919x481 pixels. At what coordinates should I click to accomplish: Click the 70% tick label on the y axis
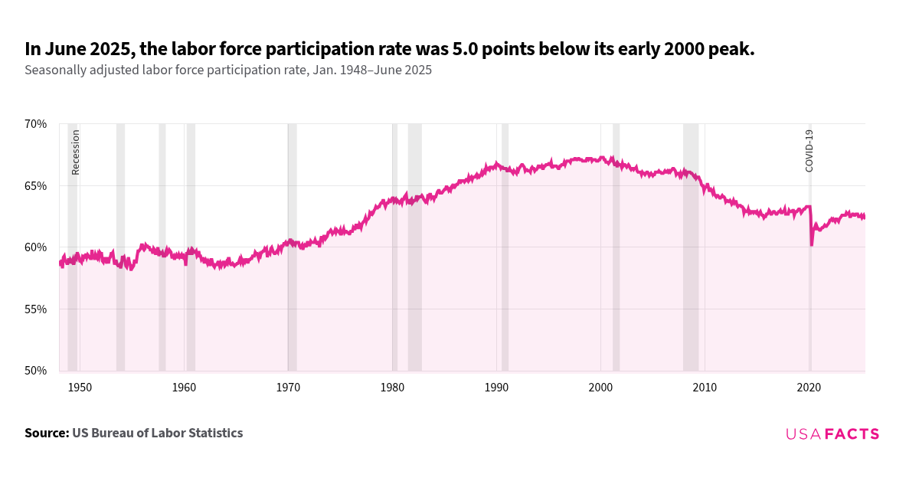36,123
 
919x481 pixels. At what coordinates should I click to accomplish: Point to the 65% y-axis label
36,185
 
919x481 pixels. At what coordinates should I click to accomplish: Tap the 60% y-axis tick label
36,247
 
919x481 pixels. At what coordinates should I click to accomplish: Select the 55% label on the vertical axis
36,309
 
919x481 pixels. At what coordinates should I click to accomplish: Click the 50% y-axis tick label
36,371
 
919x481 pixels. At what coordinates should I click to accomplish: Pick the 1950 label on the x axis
80,388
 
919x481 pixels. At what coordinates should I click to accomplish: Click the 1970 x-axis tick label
288,388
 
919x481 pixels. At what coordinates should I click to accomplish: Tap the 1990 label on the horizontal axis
496,388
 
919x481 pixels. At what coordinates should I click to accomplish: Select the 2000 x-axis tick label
600,388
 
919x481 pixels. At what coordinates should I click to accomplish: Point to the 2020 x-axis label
809,388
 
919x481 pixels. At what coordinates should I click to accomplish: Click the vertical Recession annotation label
76,152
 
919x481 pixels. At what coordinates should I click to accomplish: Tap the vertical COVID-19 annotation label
809,150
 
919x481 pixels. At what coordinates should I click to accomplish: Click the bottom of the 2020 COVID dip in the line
812,244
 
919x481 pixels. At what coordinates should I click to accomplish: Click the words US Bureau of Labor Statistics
157,434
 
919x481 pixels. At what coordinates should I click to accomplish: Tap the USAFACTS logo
832,434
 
